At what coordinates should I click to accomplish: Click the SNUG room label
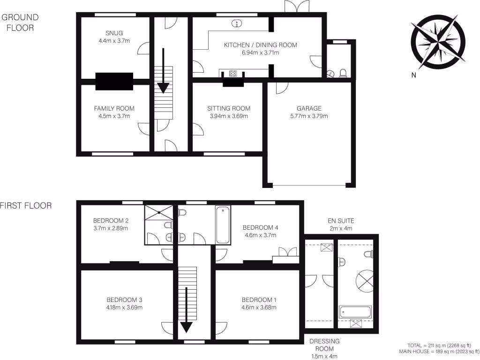click(x=114, y=33)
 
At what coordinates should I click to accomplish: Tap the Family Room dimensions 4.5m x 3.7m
click(x=114, y=116)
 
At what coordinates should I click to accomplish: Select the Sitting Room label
click(x=229, y=108)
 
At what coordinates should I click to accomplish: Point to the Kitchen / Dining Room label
click(x=260, y=45)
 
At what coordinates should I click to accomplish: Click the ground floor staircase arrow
click(x=164, y=70)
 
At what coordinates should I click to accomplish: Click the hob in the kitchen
click(x=232, y=73)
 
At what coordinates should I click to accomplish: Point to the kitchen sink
click(x=237, y=22)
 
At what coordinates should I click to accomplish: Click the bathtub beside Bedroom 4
click(x=223, y=225)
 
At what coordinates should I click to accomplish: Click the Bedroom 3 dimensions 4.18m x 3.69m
click(x=124, y=308)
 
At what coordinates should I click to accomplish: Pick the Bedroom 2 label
click(x=111, y=220)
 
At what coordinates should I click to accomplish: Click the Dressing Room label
click(x=324, y=345)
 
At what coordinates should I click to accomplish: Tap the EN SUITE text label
click(x=341, y=220)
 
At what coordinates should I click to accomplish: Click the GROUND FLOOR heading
click(x=20, y=22)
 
